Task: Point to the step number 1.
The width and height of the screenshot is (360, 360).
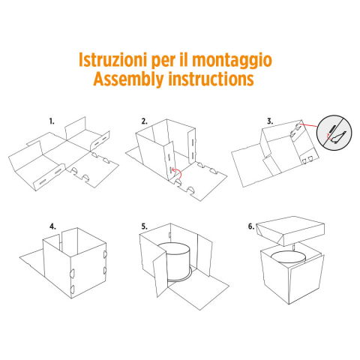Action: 52,121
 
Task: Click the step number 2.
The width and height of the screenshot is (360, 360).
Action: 143,121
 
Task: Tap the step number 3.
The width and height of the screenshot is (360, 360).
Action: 269,121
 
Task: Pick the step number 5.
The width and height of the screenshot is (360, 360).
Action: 144,224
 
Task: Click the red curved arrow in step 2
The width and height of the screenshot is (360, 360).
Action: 174,173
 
